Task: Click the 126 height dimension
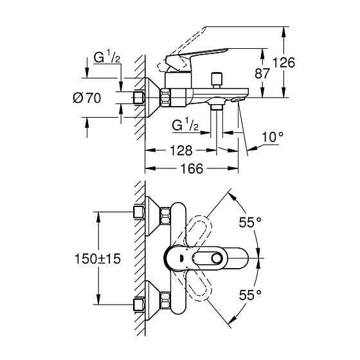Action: coord(283,62)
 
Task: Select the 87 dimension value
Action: coord(262,73)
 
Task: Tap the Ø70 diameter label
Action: coord(87,98)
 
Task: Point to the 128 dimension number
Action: coord(181,150)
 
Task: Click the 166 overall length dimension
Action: coord(192,168)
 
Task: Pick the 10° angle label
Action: coord(273,137)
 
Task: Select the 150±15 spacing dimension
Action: coord(98,258)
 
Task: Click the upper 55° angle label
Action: coord(250,222)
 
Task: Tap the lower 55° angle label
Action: coord(250,294)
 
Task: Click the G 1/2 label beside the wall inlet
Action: coord(107,57)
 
